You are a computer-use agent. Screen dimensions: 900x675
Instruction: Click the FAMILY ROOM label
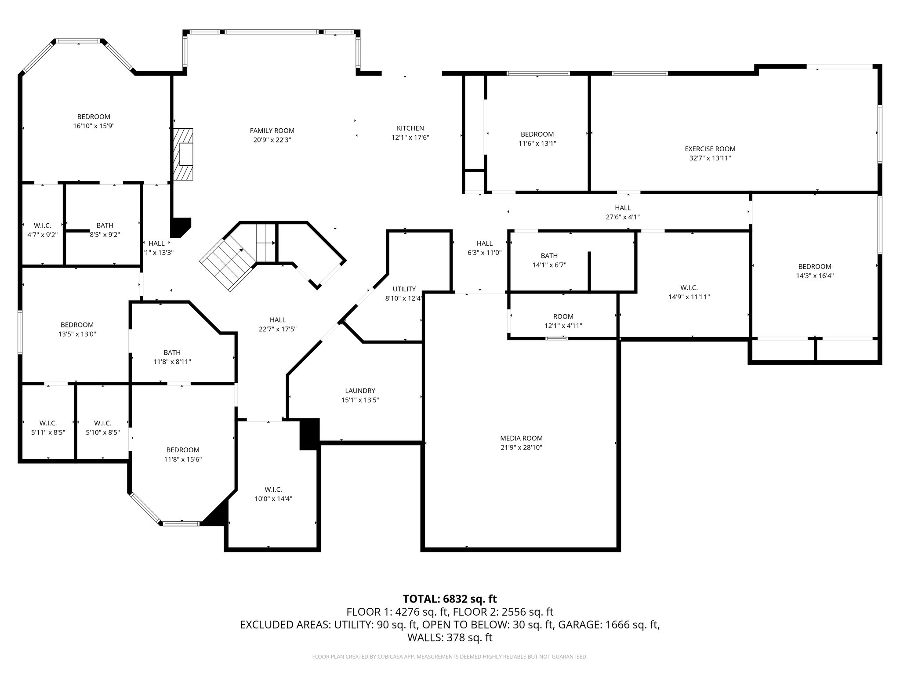[272, 131]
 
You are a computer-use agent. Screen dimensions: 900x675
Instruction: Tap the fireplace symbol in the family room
[183, 154]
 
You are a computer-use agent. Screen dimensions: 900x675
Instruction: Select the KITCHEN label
[410, 128]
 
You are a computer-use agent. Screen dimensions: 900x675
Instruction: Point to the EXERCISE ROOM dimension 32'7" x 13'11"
[710, 158]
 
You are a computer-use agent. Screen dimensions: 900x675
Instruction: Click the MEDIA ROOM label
[521, 438]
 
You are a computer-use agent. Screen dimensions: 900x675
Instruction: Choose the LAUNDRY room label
[360, 391]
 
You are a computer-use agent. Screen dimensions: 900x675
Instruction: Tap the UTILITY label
[404, 289]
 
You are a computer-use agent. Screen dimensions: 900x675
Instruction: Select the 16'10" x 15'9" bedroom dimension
[94, 126]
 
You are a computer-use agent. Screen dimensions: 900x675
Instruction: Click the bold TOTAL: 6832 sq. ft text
[450, 599]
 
